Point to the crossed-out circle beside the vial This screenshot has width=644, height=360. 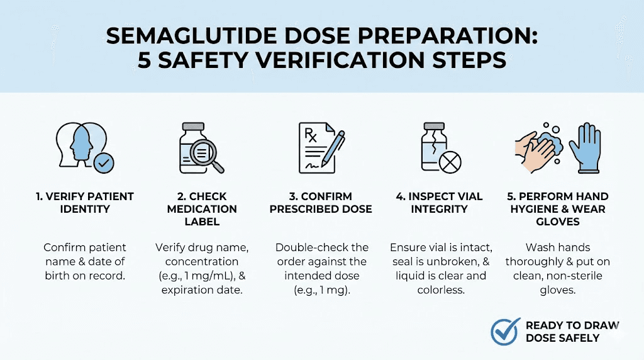point(449,163)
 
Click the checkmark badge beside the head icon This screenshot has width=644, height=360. point(103,164)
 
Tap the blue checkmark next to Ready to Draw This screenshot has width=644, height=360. point(504,331)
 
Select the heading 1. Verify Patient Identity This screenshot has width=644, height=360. point(84,203)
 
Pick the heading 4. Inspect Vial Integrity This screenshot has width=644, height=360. point(439,203)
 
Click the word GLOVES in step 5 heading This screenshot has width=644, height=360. point(557,222)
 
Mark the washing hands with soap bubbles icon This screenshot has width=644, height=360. point(540,151)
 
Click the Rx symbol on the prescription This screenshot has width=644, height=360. point(311,134)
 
